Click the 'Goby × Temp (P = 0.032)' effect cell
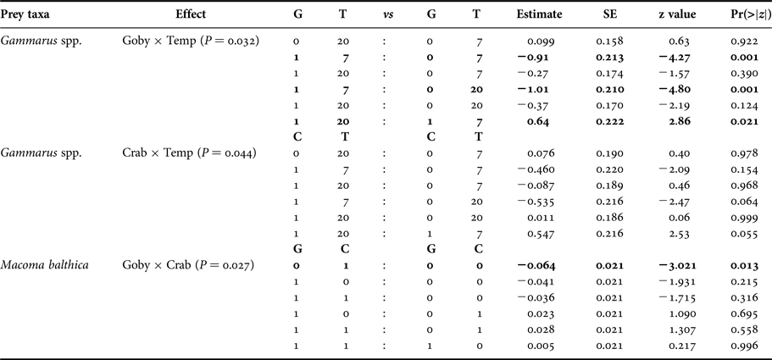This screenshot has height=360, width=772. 190,41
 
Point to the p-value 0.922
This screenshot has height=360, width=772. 744,41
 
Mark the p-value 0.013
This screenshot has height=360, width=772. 744,265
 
